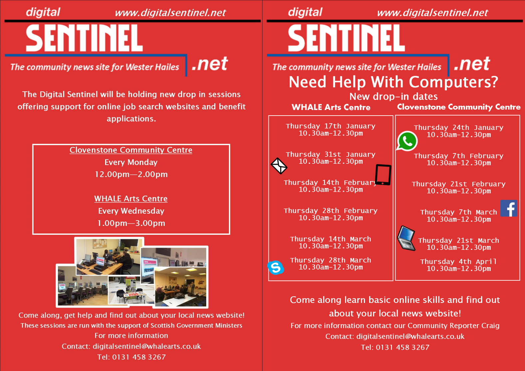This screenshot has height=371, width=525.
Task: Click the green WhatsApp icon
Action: pos(407,141)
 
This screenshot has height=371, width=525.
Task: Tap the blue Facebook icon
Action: pos(509,208)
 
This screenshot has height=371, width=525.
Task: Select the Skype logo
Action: pos(275,267)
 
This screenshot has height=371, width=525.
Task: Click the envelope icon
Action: pos(279,166)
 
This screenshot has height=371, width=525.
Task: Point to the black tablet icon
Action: pos(383,175)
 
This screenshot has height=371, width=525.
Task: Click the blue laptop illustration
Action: pos(407,238)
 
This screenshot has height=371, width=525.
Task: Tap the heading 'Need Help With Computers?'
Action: pos(394,82)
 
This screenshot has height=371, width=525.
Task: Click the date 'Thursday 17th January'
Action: pos(330,126)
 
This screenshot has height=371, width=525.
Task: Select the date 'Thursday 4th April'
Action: pos(458,261)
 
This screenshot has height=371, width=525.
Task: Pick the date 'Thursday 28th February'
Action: pos(330,211)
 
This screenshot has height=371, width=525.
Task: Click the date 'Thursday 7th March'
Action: pos(458,212)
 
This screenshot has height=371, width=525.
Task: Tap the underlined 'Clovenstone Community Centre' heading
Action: pos(131,150)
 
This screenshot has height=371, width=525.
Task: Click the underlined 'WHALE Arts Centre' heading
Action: pos(131,199)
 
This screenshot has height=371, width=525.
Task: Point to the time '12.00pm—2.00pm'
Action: pos(131,174)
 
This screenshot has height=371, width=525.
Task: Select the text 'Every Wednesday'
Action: pos(131,211)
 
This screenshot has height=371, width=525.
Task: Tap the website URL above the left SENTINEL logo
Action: pos(170,13)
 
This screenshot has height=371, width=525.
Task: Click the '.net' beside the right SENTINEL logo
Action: pos(471,64)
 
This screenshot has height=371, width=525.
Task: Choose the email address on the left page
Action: pos(147,346)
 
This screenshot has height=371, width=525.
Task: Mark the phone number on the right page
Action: pos(403,347)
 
